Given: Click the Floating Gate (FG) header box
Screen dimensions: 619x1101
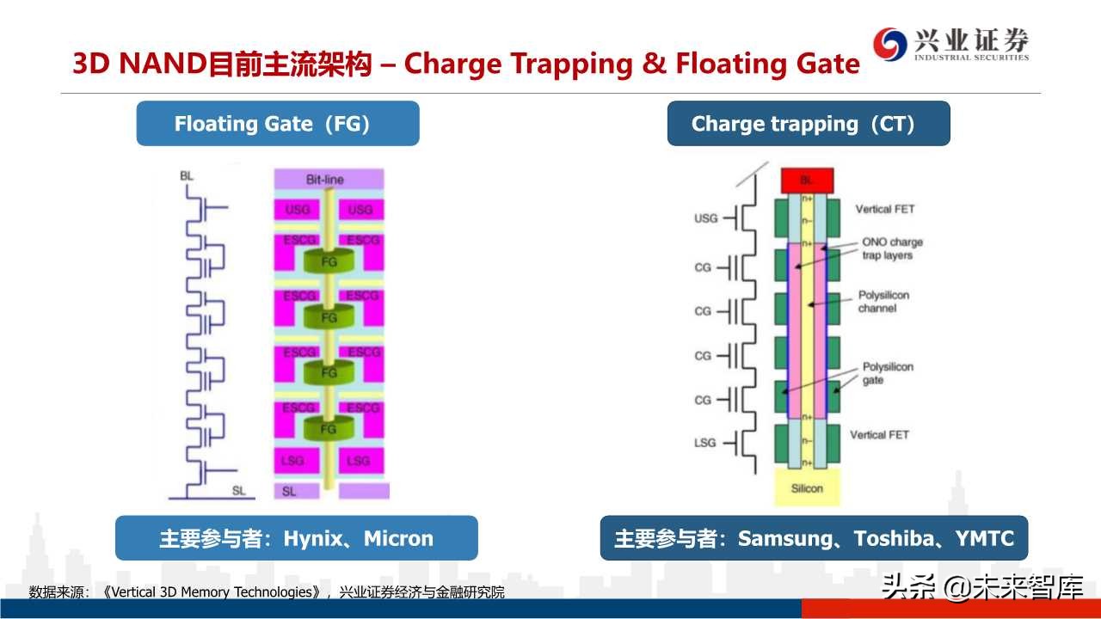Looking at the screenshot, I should coord(277,124).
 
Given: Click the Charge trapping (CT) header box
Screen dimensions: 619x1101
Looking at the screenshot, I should coord(808,124).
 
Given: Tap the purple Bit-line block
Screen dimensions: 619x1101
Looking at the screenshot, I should coord(329,180).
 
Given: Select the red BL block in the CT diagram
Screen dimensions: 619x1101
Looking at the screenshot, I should coord(806,181).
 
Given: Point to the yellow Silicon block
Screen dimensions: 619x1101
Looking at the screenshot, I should coord(807,487).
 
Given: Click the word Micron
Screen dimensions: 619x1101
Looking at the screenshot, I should coord(398,539).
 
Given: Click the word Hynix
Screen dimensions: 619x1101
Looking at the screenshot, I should coord(313,539).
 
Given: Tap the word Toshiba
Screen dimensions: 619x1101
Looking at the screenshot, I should coord(894,539).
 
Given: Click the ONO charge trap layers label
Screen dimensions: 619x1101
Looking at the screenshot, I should coord(892,248).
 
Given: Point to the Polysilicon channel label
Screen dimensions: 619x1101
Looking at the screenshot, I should coord(883,302).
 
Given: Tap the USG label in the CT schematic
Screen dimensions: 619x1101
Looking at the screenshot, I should coord(705,218).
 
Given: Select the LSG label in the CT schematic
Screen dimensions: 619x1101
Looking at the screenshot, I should coord(704,443).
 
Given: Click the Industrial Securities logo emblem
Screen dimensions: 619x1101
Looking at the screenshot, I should coord(890,43).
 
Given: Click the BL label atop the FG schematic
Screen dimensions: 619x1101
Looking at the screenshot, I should coord(187,175).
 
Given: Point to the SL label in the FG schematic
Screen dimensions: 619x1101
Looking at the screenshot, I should coord(239,491).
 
